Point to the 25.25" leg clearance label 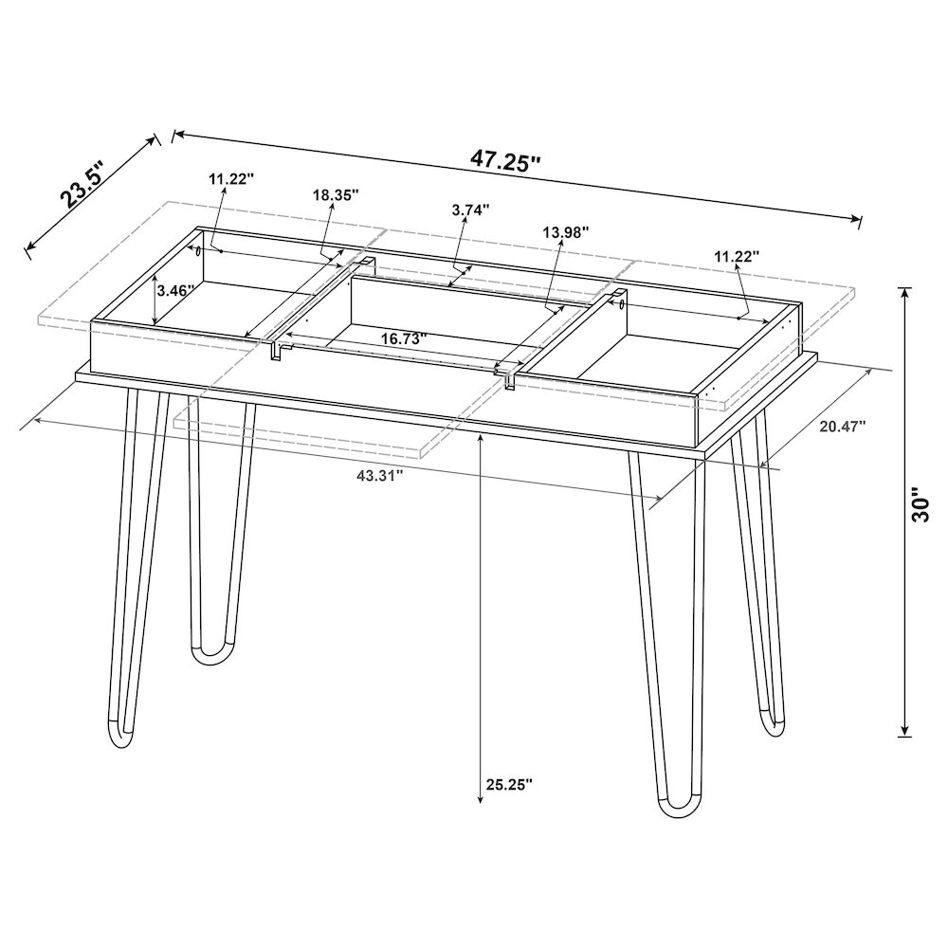pyautogui.click(x=509, y=785)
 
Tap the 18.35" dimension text pyautogui.click(x=335, y=194)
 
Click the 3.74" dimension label pyautogui.click(x=471, y=210)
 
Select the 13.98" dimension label pyautogui.click(x=566, y=231)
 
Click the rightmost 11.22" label pyautogui.click(x=737, y=256)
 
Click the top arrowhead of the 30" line pyautogui.click(x=905, y=292)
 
